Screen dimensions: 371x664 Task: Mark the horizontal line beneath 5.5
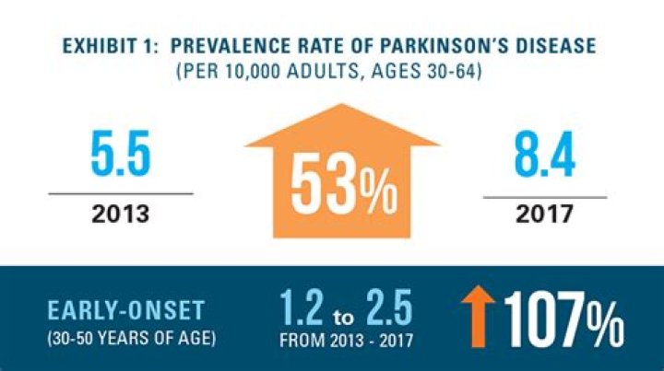(x=121, y=193)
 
